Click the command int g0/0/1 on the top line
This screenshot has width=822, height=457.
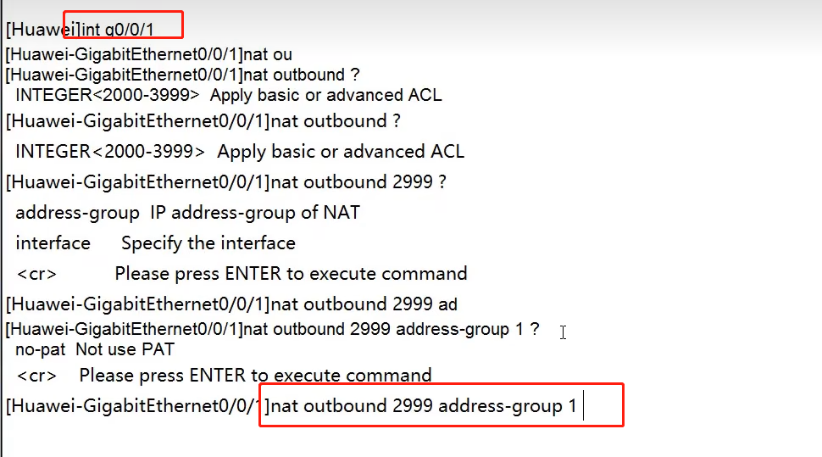119,30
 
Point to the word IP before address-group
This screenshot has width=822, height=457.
159,212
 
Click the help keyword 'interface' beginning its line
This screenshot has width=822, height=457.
53,243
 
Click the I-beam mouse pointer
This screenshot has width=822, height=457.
563,332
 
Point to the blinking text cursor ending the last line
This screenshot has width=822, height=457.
584,406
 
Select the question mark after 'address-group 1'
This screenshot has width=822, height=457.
534,329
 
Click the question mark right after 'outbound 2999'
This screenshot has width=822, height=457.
442,181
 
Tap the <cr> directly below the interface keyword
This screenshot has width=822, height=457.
36,274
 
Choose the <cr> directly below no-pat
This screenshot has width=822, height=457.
36,375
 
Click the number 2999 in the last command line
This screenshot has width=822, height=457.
412,406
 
